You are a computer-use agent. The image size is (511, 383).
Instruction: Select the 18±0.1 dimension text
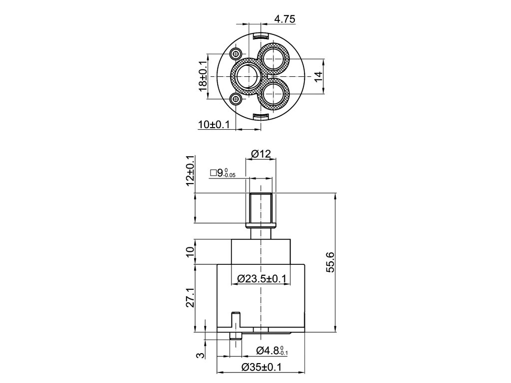click(203, 76)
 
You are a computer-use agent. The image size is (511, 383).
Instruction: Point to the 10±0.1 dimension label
click(214, 125)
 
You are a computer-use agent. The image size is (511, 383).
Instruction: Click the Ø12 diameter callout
click(260, 154)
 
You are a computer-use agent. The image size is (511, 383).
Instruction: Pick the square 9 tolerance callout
click(223, 173)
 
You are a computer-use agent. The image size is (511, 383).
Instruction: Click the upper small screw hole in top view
click(237, 53)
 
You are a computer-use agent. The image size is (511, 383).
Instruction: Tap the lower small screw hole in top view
click(237, 99)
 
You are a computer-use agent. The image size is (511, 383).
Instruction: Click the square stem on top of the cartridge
click(260, 208)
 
